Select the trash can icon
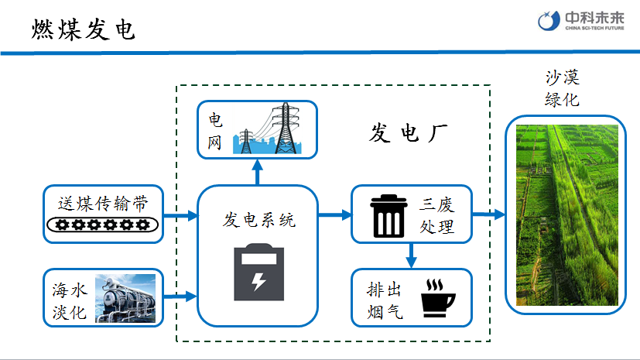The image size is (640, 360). click(388, 215)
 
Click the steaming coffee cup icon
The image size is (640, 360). click(438, 298)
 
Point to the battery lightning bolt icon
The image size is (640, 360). click(258, 273)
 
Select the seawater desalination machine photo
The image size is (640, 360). click(125, 298)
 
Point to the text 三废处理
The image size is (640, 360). click(437, 216)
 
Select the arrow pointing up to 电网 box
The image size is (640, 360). click(258, 173)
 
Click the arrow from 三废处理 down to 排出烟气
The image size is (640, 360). click(411, 253)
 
